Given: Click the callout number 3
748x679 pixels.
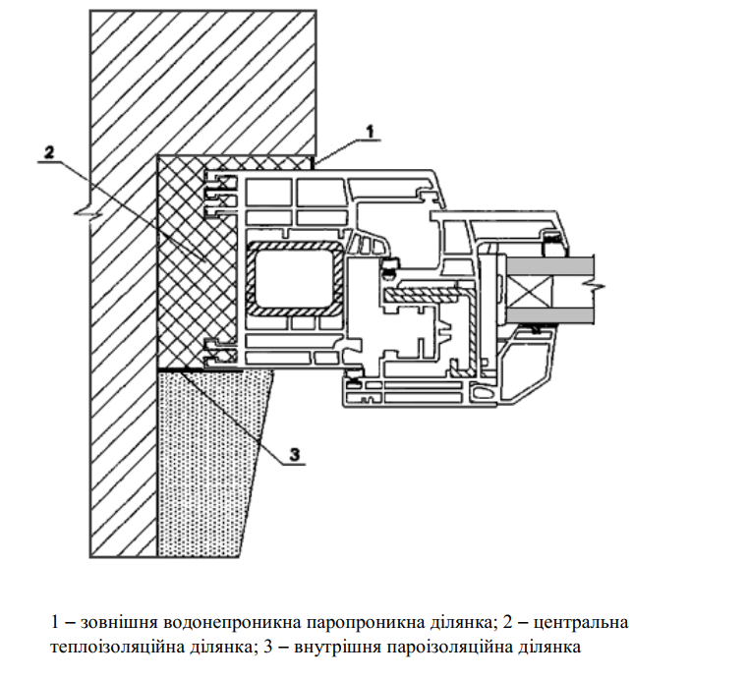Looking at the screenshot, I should tap(294, 453).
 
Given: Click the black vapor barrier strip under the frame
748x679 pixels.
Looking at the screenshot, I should tap(206, 368).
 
